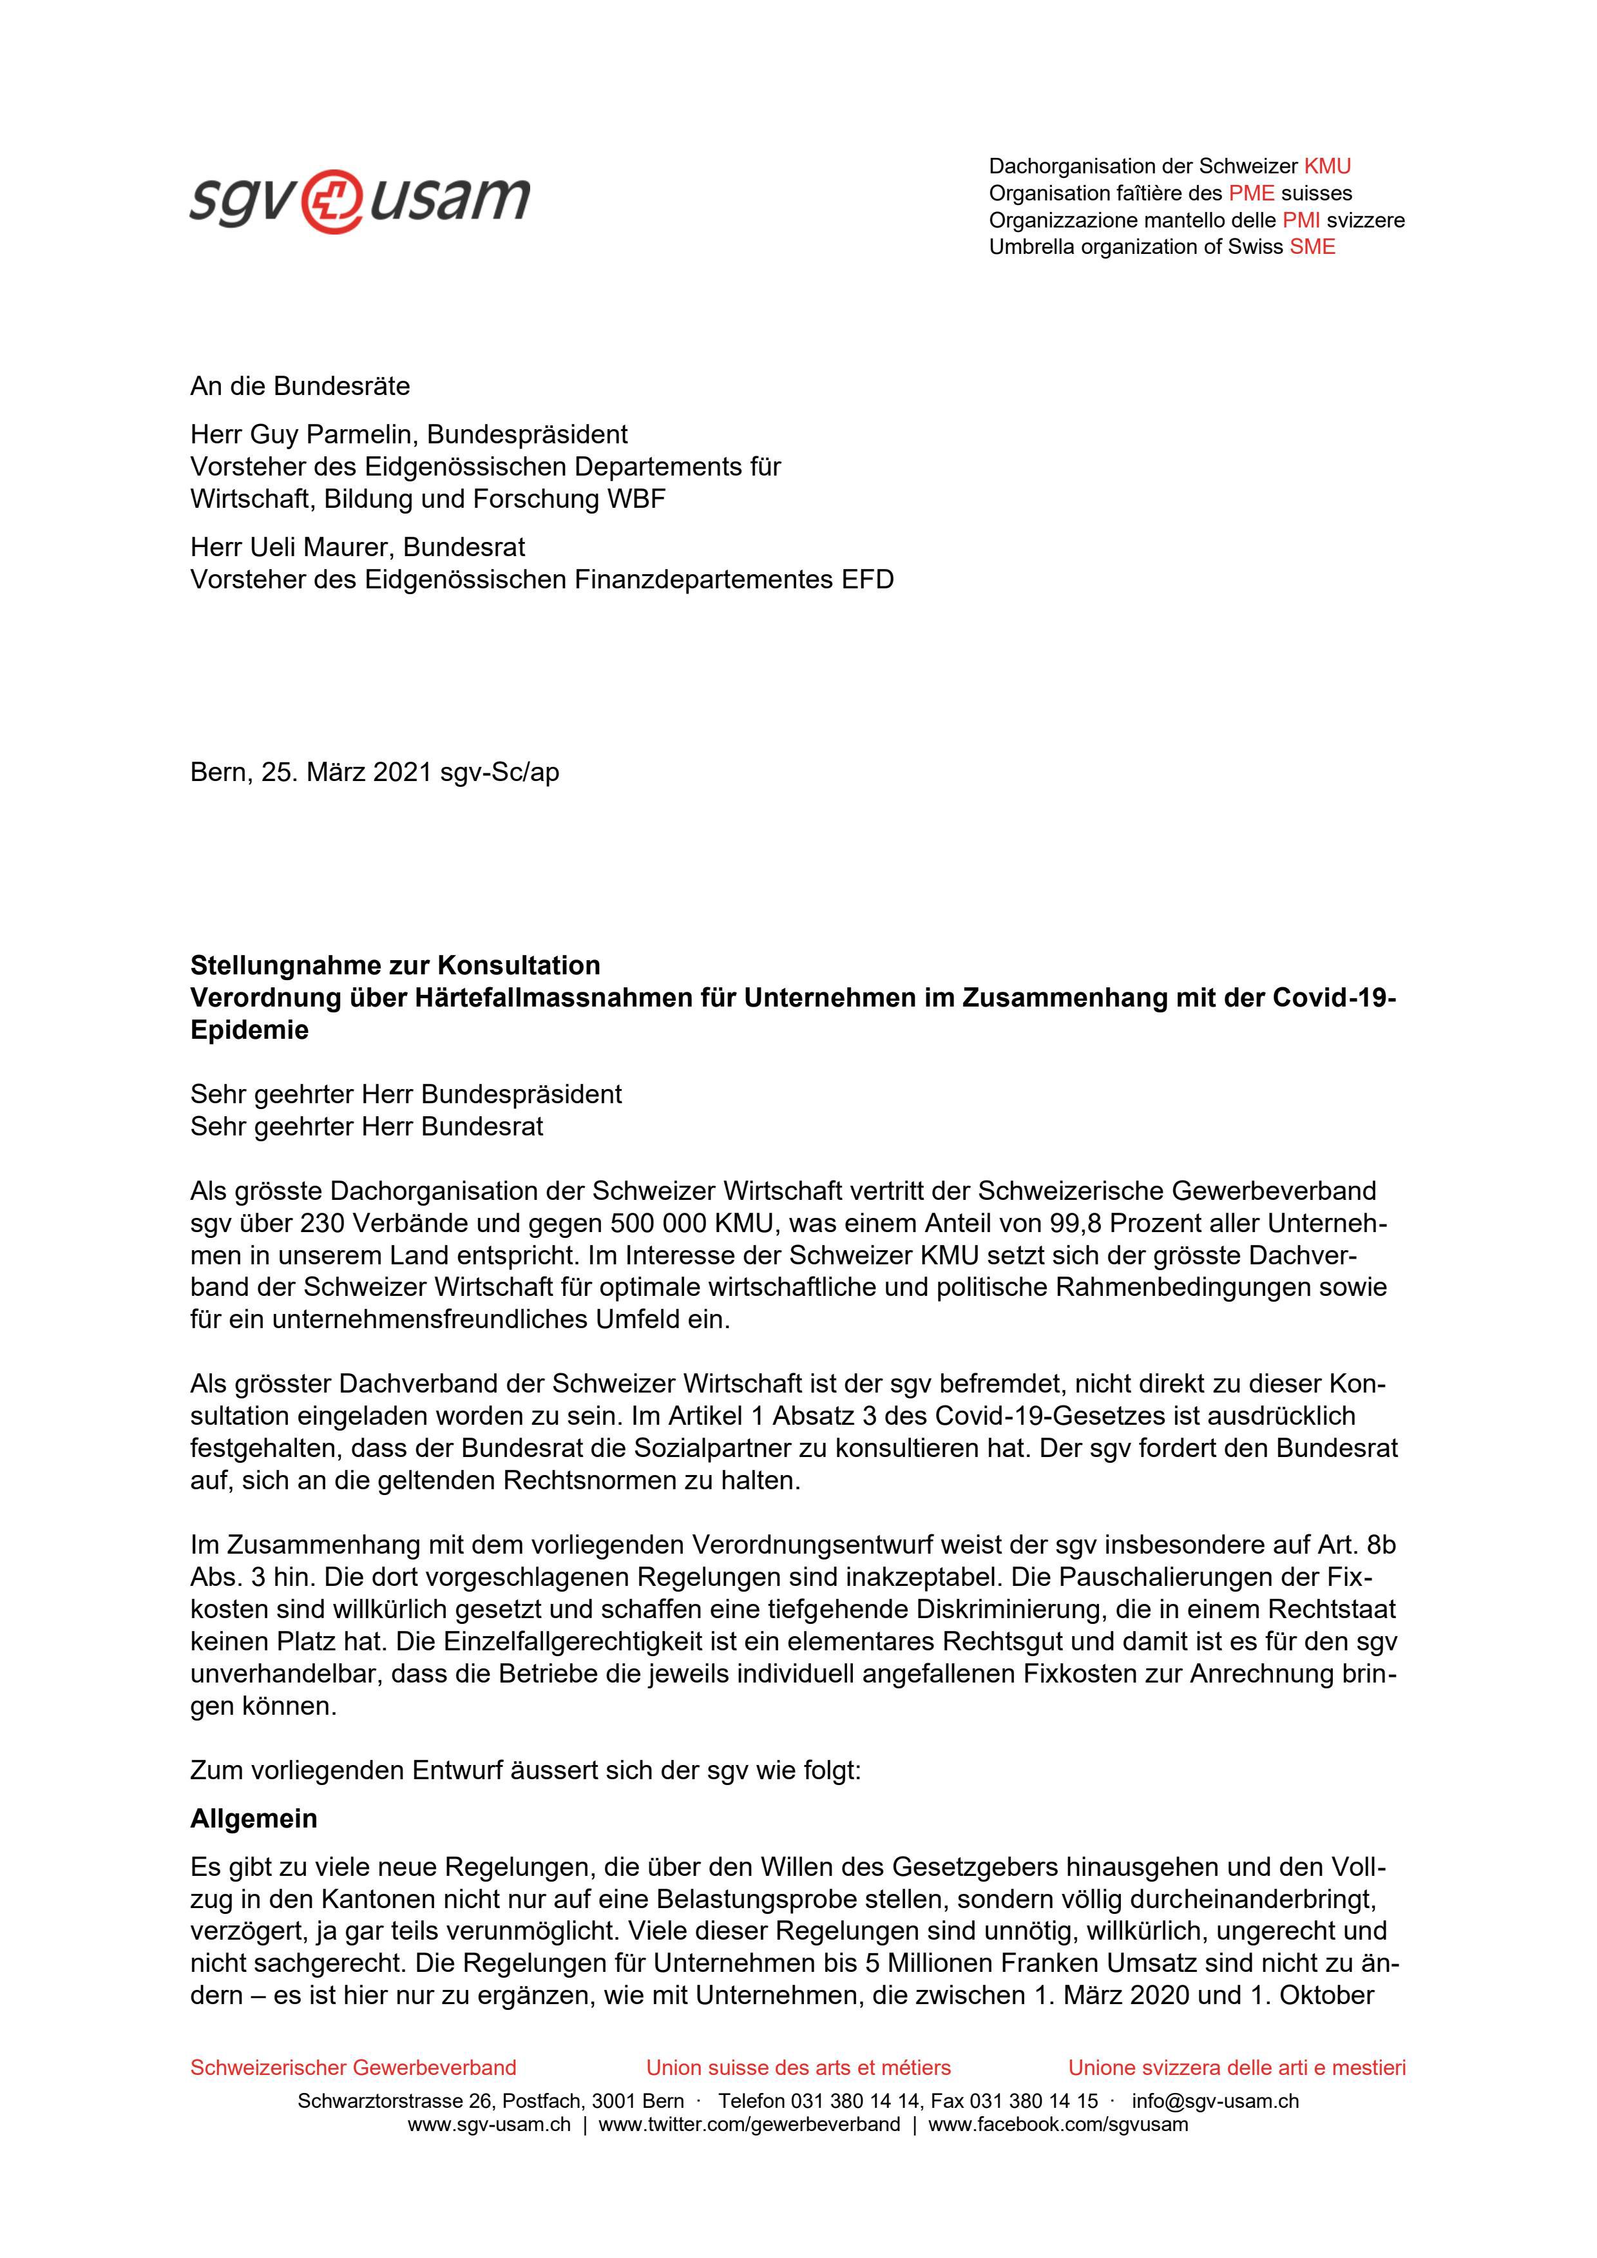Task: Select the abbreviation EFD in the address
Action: tap(867, 579)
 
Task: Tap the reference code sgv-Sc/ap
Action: tap(499, 773)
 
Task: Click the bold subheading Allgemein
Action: tap(254, 1819)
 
